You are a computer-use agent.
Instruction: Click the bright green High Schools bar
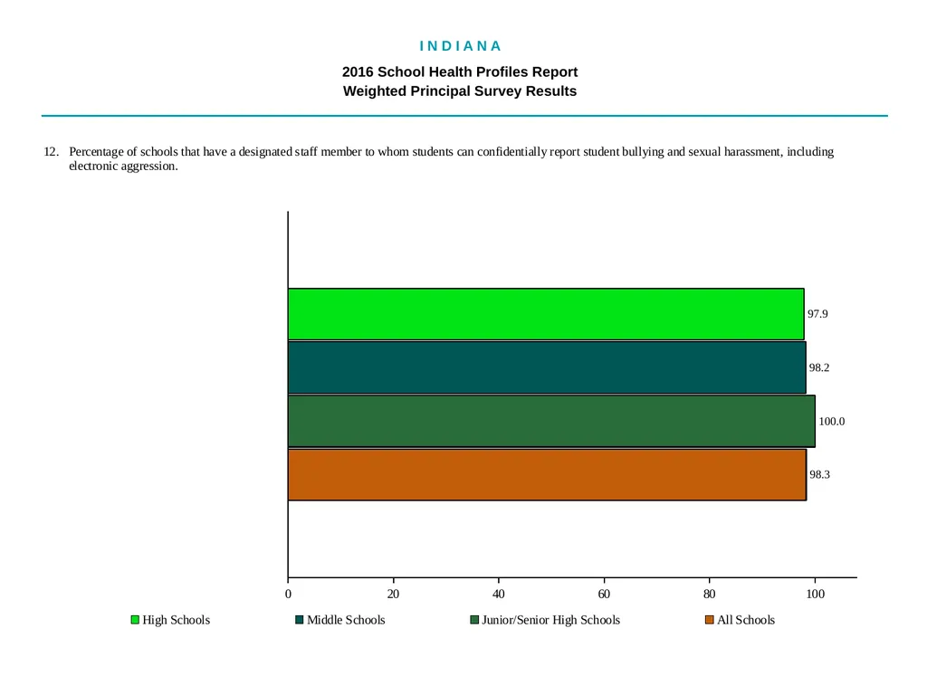(546, 314)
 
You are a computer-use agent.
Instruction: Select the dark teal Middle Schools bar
(547, 367)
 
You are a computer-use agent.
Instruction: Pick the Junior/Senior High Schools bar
(551, 422)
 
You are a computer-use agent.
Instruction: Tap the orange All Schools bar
(547, 474)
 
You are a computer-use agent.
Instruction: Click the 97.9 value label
(817, 314)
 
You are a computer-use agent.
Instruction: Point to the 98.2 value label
(818, 367)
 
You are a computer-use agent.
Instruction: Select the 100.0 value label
(831, 422)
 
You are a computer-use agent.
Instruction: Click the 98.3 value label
(819, 474)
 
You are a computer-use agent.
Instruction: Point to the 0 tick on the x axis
(288, 594)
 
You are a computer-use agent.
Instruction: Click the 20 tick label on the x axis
(393, 594)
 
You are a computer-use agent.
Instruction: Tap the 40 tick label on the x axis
(499, 594)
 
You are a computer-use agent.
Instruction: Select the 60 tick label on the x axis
(604, 594)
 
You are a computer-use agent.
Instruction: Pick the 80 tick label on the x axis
(710, 594)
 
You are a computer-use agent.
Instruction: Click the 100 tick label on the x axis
(816, 594)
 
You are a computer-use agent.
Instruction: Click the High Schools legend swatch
(135, 619)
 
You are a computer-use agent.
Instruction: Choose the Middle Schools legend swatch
(299, 619)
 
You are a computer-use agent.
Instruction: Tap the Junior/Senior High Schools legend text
(550, 620)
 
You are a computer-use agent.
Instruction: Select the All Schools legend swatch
(710, 619)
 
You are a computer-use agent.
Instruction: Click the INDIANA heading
(461, 46)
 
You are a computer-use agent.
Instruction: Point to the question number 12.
(52, 152)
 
